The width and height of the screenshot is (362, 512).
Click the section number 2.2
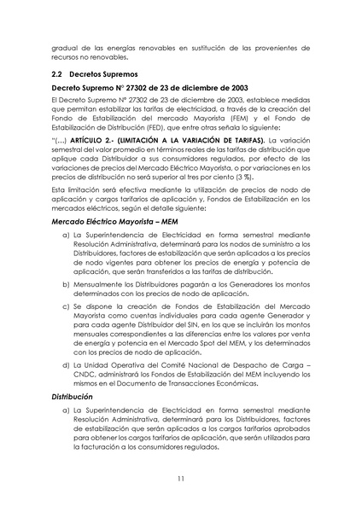point(59,74)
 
